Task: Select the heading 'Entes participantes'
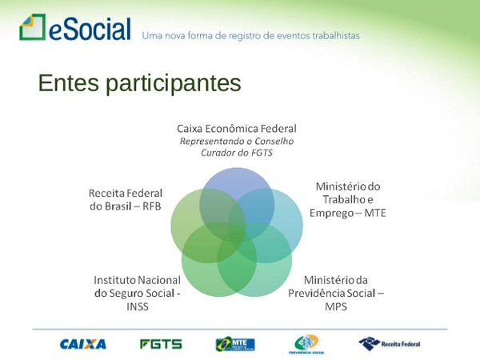[139, 83]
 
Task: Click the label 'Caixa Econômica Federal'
[237, 129]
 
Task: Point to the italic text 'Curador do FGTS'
[237, 153]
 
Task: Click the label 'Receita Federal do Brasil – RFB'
[126, 199]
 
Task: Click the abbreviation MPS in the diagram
[336, 306]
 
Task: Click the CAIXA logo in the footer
[82, 344]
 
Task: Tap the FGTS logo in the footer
[161, 344]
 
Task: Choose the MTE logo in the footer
[235, 344]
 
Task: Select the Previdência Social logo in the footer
[306, 344]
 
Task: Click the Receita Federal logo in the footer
[390, 344]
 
